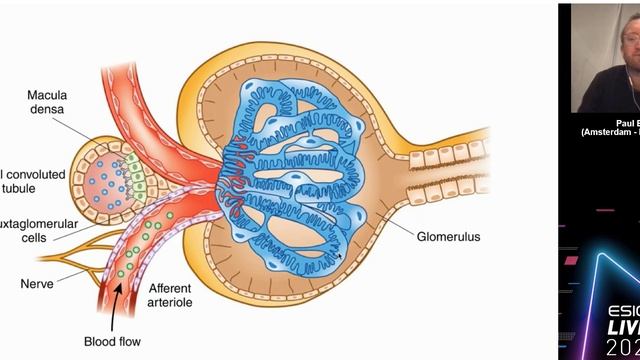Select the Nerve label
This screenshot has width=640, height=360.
coord(37,256)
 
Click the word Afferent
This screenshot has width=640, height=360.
coord(171,289)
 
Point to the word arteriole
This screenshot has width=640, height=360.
coord(171,305)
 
